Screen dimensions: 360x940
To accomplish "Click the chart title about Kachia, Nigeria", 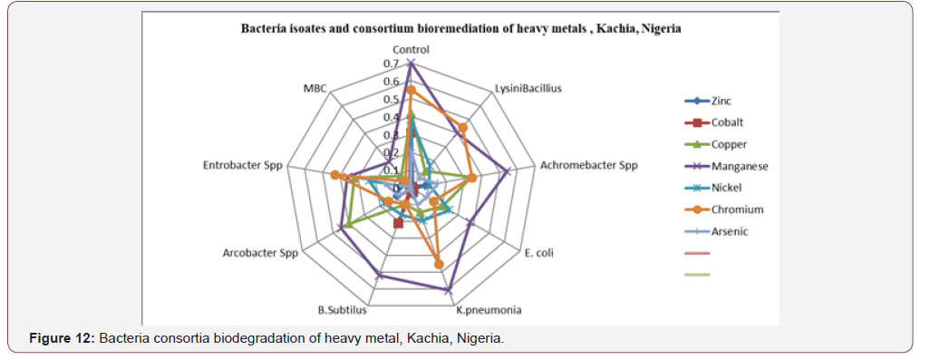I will [460, 29].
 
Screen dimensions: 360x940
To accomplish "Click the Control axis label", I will [412, 49].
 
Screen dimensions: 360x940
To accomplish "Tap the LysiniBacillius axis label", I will [528, 89].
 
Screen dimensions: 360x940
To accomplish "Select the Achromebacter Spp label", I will [588, 166].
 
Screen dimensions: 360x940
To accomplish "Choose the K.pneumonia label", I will [488, 310].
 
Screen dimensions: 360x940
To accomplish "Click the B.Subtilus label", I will [342, 310].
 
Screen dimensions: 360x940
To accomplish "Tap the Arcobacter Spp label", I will [260, 252].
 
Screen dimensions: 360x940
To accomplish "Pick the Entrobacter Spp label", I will [244, 166].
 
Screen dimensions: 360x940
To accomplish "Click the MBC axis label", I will [315, 89].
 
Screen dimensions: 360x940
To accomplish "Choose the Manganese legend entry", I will [740, 166].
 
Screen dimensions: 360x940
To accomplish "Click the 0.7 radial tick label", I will [391, 64].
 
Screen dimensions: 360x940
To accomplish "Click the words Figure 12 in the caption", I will [61, 338].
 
